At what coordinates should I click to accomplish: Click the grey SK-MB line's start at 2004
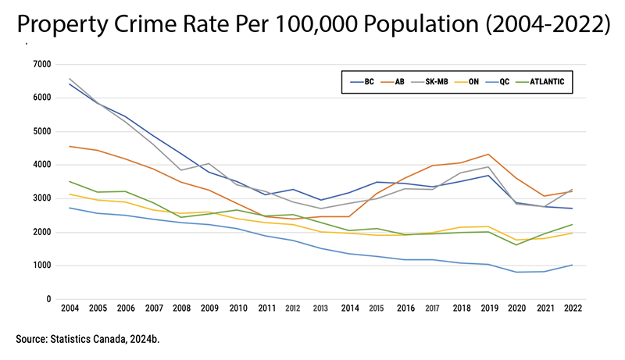pos(70,78)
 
